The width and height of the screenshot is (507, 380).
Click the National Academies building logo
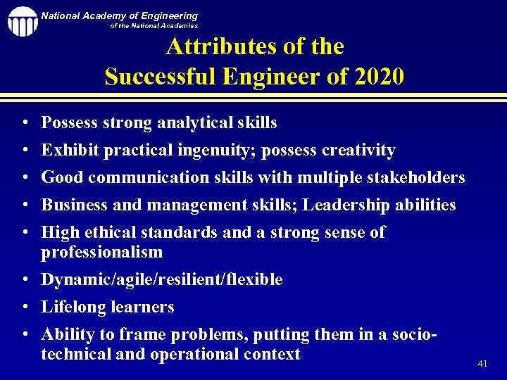pos(22,21)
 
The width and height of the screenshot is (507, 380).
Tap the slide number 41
pos(482,364)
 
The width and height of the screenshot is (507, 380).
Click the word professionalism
pos(102,252)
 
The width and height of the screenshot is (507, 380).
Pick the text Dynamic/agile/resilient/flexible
pos(162,280)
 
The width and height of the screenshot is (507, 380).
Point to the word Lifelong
pos(73,308)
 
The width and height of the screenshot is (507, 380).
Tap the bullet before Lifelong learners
pos(25,308)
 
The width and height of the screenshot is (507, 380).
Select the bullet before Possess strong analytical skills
pos(25,123)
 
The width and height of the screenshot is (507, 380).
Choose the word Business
pos(73,205)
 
